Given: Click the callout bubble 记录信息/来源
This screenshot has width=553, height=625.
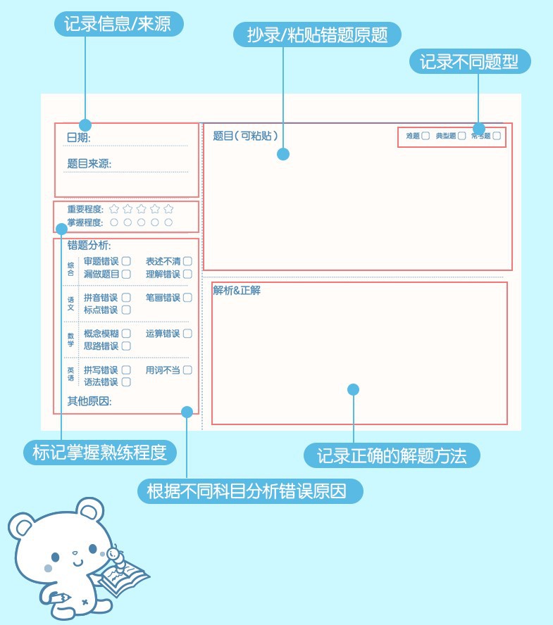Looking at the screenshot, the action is [119, 25].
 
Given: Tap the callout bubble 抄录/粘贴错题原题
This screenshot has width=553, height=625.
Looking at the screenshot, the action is [317, 34].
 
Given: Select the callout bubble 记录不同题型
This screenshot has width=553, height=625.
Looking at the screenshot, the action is [469, 62].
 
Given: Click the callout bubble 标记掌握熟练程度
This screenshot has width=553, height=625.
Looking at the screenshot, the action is [104, 452].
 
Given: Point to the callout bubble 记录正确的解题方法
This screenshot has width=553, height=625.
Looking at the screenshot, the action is [392, 456].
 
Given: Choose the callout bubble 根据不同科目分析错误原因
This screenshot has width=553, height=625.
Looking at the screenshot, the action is [249, 491].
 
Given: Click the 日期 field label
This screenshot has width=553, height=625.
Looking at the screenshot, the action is [78, 138].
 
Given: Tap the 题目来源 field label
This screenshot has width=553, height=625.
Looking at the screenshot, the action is [89, 164].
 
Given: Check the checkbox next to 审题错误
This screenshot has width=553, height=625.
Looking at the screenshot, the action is [126, 261].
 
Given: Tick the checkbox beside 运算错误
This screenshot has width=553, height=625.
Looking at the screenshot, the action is [187, 334].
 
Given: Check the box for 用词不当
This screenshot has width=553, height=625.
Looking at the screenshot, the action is [187, 370].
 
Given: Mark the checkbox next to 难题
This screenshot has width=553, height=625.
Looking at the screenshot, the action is [425, 136].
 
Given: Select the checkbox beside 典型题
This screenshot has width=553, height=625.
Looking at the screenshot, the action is [461, 136].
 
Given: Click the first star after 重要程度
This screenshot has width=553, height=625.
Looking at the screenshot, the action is [114, 209].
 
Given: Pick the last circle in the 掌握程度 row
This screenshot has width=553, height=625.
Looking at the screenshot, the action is [168, 222].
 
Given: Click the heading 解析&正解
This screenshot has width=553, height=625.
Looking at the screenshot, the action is [237, 290].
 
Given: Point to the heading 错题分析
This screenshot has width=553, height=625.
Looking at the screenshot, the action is [89, 246].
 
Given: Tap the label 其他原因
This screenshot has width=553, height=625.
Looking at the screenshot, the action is [89, 401].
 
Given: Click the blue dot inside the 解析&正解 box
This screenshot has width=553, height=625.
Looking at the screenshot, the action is [354, 389].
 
